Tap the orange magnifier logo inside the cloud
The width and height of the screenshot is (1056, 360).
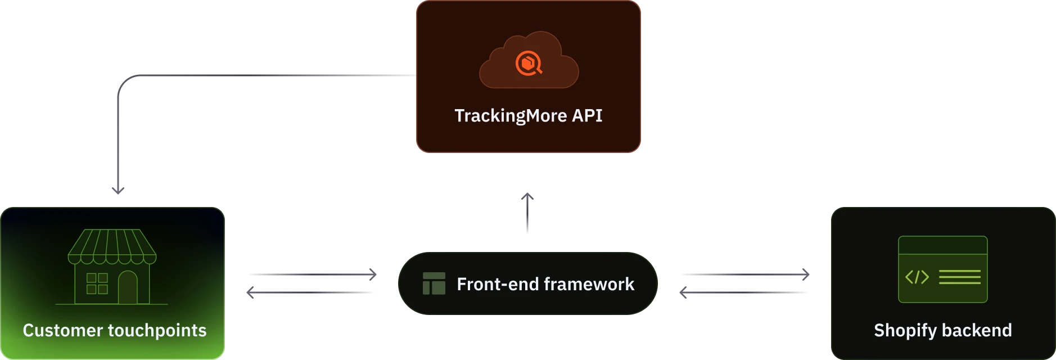tap(529, 64)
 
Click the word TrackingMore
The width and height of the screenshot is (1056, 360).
tap(511, 116)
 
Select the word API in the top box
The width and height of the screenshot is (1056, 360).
tap(587, 115)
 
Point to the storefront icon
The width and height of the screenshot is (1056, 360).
tap(112, 267)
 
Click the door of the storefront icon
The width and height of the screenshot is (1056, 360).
tap(128, 287)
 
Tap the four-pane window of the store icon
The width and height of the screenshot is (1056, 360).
tap(97, 283)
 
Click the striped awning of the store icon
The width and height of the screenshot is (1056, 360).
tap(112, 246)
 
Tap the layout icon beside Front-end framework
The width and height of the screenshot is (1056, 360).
tap(434, 284)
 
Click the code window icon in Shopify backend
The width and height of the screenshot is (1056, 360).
tap(942, 269)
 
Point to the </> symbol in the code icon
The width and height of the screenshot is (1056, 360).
tap(917, 277)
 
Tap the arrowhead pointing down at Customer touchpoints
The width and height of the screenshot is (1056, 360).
tap(118, 190)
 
